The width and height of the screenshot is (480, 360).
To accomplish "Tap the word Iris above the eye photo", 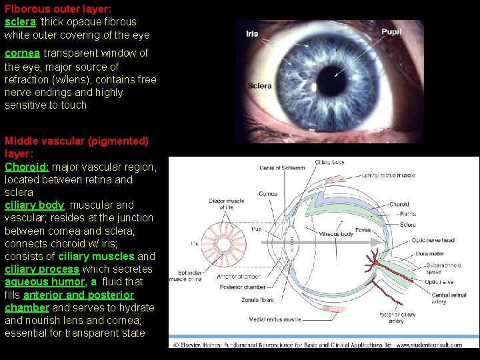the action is click(x=252, y=33).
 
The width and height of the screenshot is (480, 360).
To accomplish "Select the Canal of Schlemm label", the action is click(x=282, y=168).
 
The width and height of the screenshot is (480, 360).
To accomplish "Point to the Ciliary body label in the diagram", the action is click(x=329, y=162).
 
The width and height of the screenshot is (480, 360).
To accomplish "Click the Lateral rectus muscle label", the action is click(x=388, y=175).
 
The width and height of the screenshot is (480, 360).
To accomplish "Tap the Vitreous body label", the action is click(x=335, y=234).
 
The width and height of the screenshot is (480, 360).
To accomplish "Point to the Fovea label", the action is click(x=364, y=231).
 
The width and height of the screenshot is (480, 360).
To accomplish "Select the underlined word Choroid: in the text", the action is click(x=27, y=167).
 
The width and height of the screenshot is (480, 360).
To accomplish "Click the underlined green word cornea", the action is click(x=22, y=53).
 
